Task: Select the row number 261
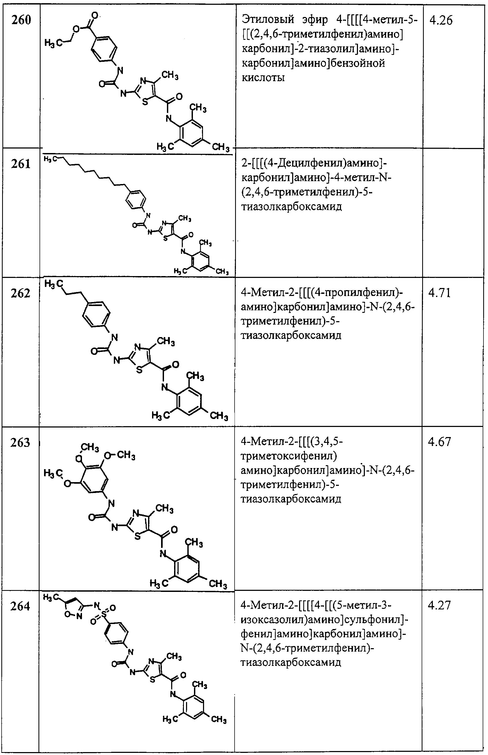(x=21, y=164)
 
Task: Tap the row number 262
(x=21, y=294)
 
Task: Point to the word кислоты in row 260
(x=263, y=78)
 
